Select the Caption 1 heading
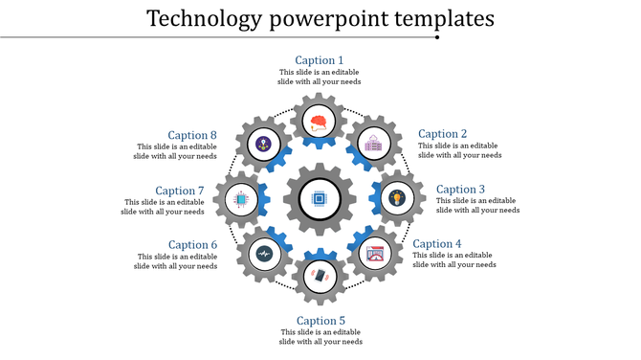pos(320,60)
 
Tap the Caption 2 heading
pos(443,134)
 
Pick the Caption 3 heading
pos(461,190)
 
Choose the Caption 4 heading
pos(437,244)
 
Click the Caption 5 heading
pos(320,321)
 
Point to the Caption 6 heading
pos(193,245)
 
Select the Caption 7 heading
pos(180,191)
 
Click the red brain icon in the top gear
pos(320,122)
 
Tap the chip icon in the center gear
pos(320,201)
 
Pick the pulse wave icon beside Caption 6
pos(263,255)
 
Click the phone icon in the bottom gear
pos(320,276)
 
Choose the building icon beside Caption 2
pos(371,146)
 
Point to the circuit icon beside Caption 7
pos(242,201)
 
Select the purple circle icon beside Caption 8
pos(264,144)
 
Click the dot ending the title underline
pos(437,37)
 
